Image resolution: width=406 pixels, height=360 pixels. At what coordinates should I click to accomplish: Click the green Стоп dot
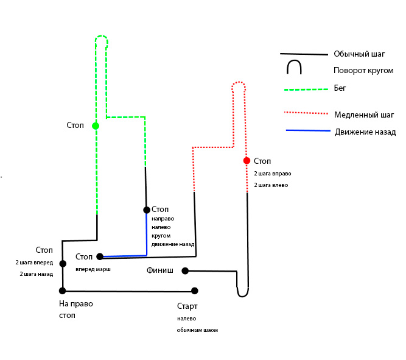tap(96, 126)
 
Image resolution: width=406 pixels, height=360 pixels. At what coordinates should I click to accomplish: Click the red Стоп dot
tap(247, 161)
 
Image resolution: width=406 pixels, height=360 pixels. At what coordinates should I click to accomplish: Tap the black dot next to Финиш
tap(184, 271)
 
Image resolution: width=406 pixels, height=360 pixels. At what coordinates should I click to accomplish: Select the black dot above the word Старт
tap(195, 291)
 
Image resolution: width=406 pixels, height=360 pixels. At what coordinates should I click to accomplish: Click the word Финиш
tap(160, 270)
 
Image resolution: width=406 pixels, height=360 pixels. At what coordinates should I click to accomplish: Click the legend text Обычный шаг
tap(359, 54)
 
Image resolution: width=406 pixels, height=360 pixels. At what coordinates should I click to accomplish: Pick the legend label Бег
tap(340, 88)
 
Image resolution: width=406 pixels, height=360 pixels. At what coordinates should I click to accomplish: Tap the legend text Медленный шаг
tap(365, 115)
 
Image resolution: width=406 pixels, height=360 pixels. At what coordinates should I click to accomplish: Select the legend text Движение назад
tap(365, 132)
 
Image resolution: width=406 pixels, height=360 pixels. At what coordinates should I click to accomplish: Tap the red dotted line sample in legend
tap(307, 113)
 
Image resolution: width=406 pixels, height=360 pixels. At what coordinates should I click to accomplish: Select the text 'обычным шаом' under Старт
tap(197, 330)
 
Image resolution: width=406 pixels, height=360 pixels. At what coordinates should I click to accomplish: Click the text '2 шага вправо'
tap(271, 174)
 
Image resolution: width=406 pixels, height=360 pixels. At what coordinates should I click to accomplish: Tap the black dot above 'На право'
tap(62, 291)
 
